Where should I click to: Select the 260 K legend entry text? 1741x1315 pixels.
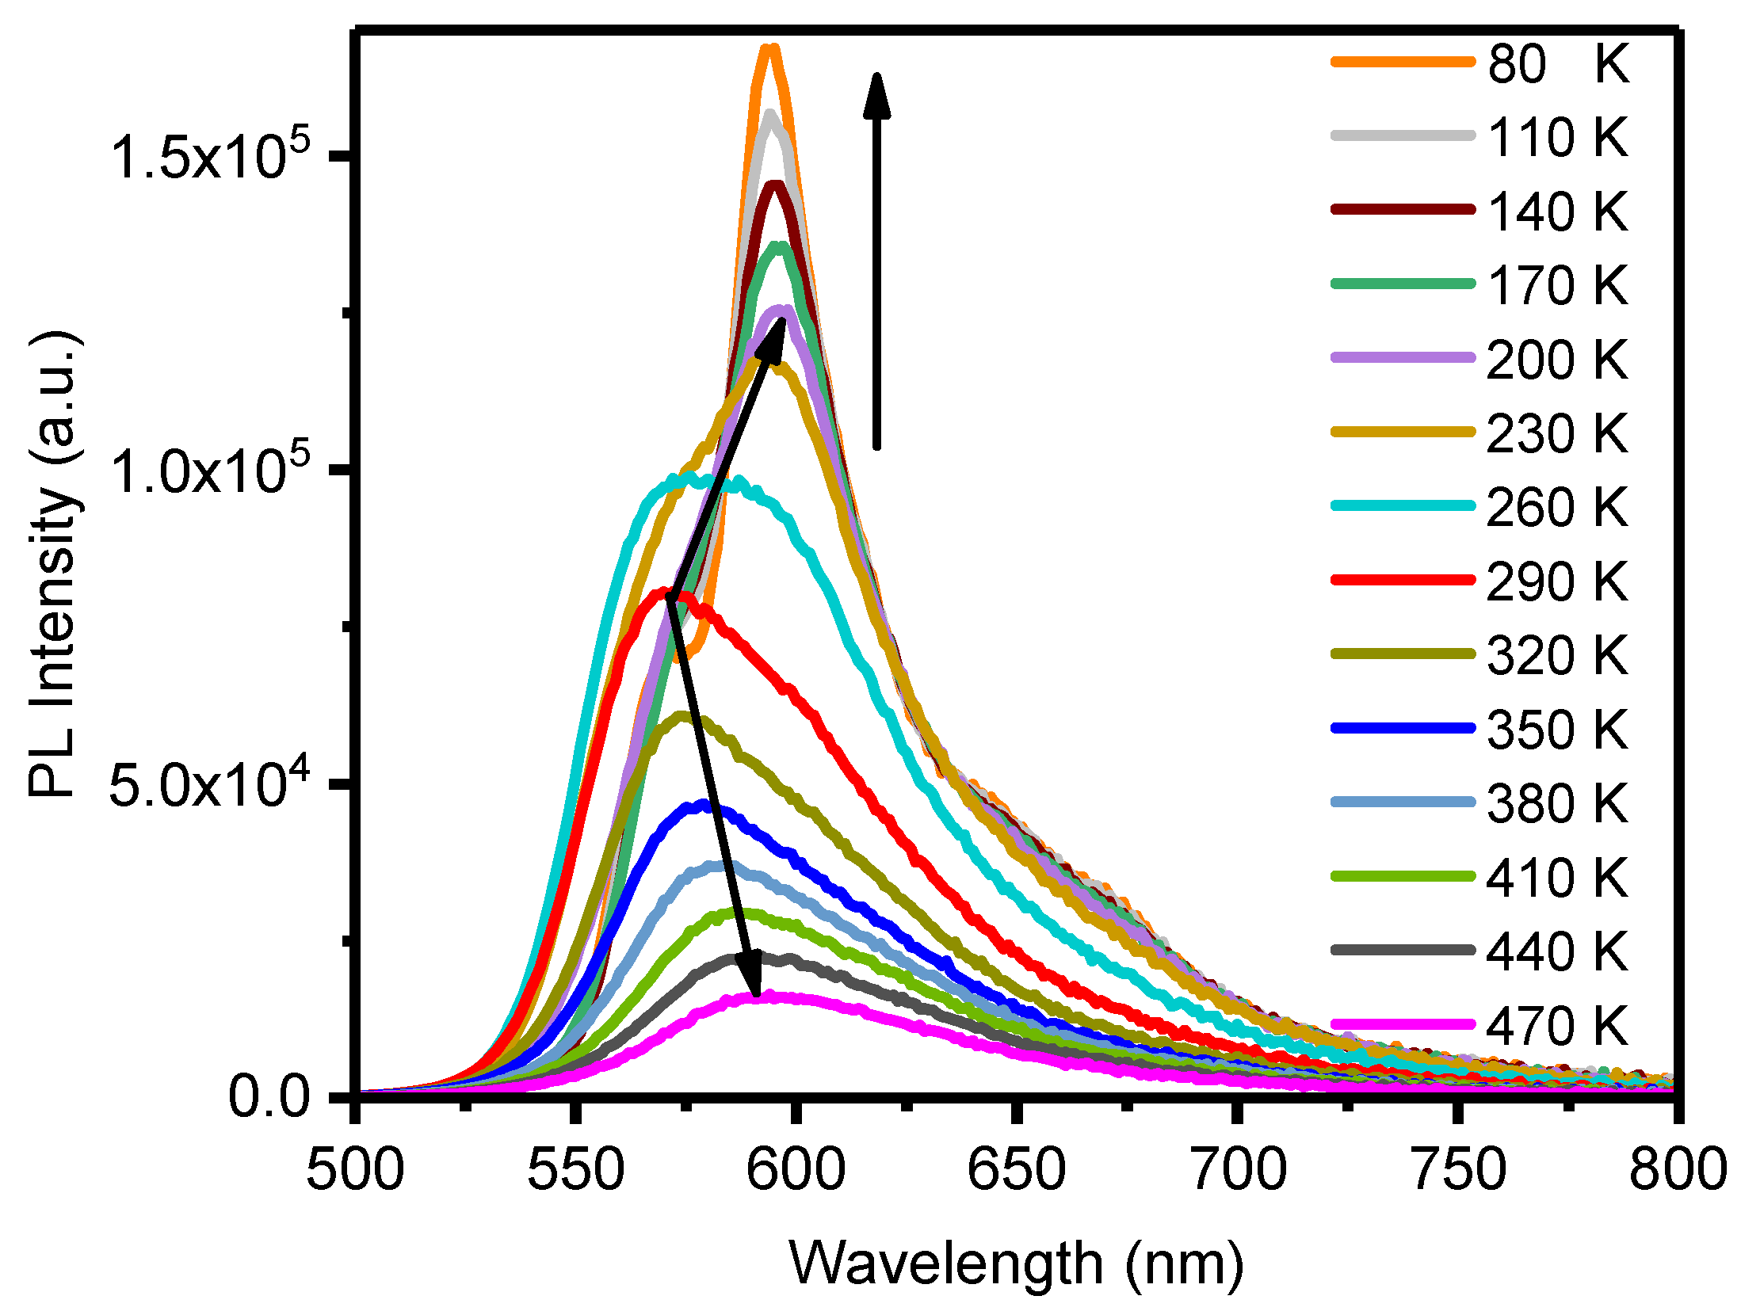pos(1557,508)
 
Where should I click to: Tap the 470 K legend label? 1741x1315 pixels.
pos(1557,1027)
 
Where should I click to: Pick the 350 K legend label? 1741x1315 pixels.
pos(1557,730)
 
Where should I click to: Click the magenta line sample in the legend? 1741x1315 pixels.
pos(1403,1024)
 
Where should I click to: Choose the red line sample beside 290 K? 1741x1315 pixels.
pos(1403,580)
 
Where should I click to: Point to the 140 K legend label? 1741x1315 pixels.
pos(1557,212)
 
